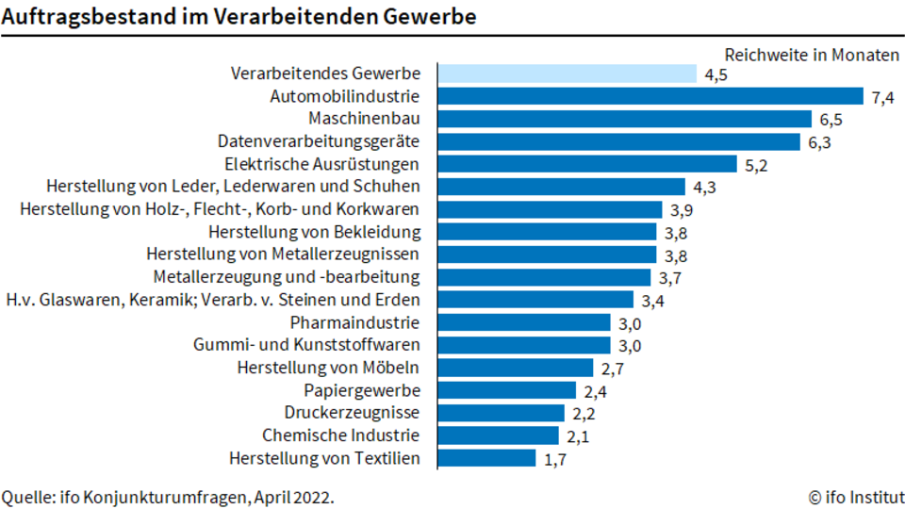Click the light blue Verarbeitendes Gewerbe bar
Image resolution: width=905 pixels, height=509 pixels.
[x=568, y=74]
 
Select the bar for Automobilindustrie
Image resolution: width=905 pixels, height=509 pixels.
[x=650, y=96]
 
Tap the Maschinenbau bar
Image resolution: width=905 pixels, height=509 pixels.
[x=625, y=119]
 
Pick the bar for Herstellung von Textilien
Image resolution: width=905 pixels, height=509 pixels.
[x=487, y=458]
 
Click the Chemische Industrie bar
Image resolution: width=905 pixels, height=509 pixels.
[x=499, y=435]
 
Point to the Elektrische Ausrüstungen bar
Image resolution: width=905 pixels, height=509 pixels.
[x=587, y=164]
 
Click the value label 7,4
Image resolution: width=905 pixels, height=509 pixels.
[x=883, y=97]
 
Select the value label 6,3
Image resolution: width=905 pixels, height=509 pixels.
[x=819, y=142]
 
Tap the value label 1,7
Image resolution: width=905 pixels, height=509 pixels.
[x=555, y=459]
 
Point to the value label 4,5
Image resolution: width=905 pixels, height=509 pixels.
[x=716, y=75]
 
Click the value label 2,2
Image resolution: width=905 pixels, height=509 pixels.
[x=584, y=414]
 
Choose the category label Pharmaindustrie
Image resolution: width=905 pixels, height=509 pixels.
[x=354, y=322]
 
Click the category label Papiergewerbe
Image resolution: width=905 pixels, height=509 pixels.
[x=362, y=390]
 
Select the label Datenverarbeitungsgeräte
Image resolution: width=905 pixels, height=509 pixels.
[x=319, y=141]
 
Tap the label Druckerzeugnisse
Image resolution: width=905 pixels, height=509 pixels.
[x=352, y=413]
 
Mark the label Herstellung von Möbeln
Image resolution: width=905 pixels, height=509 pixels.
[x=328, y=367]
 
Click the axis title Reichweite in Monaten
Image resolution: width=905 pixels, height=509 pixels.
[x=812, y=55]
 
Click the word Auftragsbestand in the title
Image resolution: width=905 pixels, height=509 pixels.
[x=87, y=17]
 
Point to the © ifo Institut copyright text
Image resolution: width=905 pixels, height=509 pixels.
[x=856, y=497]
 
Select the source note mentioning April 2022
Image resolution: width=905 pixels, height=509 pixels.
[x=168, y=498]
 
